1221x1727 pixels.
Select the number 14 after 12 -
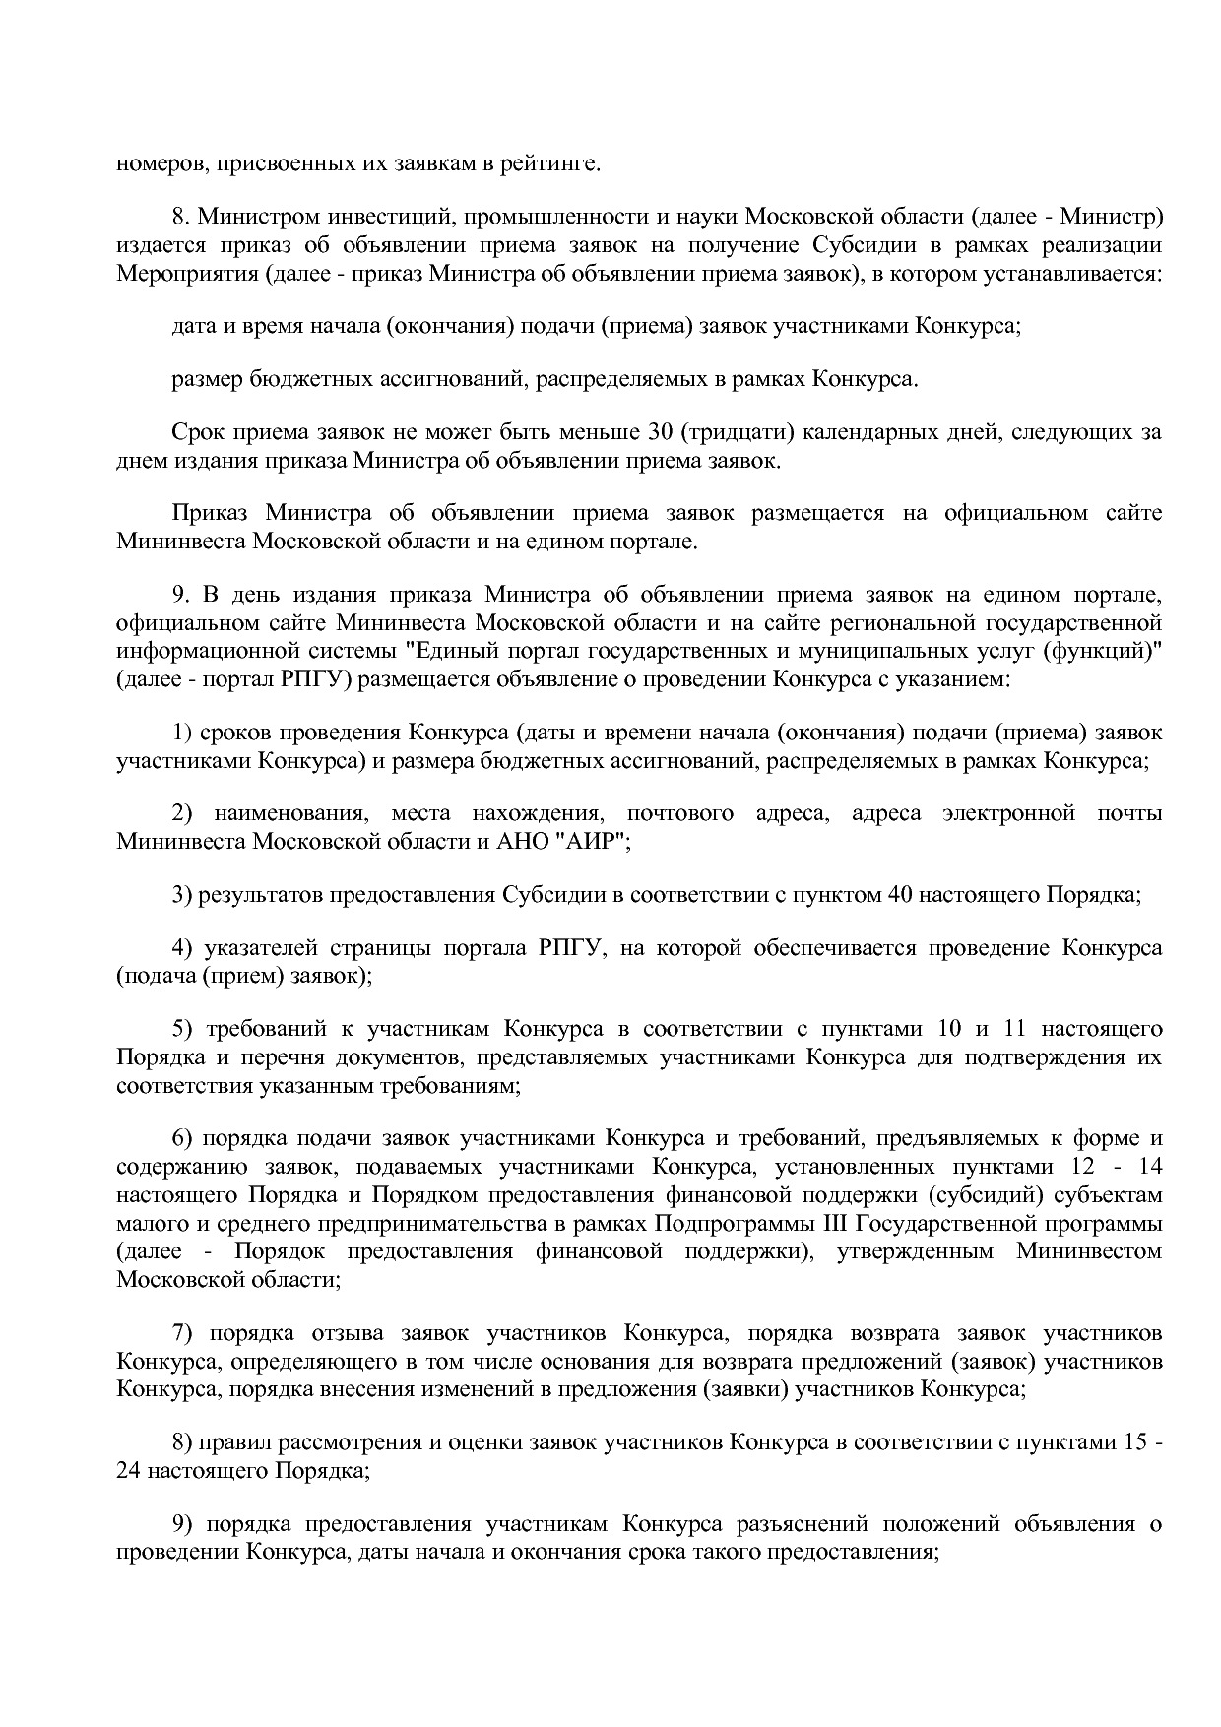pos(1149,1167)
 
